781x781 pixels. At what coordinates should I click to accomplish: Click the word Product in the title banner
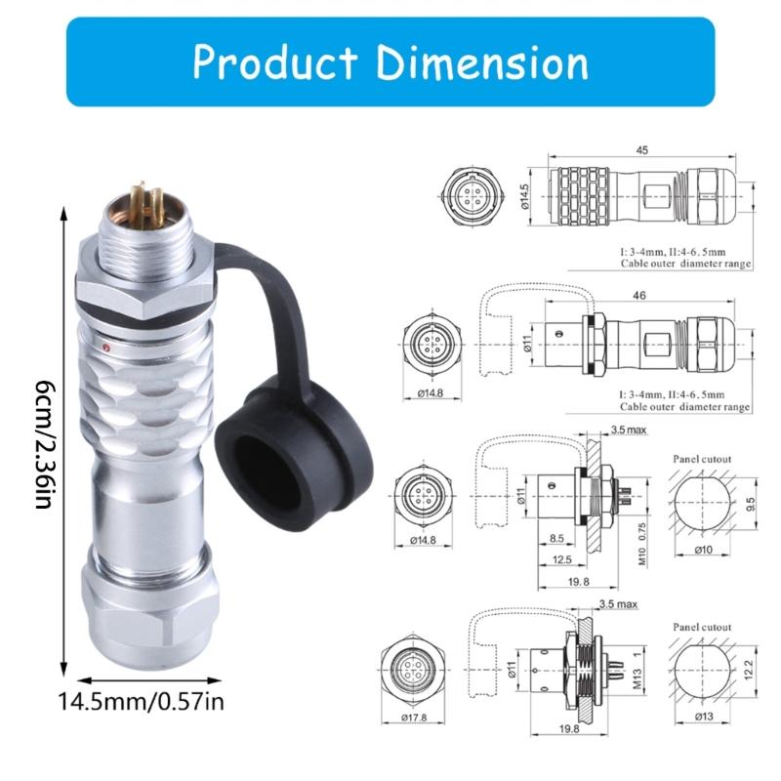coord(276,62)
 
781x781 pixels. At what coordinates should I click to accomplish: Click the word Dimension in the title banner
coord(482,62)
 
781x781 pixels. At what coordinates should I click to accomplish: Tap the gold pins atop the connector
coord(137,198)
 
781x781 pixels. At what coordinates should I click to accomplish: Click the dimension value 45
coord(641,151)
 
